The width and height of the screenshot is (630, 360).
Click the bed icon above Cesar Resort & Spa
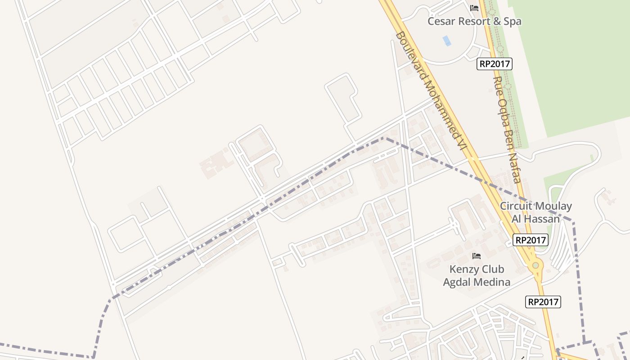coord(474,8)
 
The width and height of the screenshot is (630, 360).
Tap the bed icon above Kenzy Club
coord(477,256)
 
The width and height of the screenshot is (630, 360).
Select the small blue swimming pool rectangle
coord(446,40)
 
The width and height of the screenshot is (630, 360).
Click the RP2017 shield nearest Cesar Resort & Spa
coord(495,64)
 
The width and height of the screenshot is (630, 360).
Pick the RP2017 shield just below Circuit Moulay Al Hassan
coord(531,240)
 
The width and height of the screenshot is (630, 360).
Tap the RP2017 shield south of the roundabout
coord(543,302)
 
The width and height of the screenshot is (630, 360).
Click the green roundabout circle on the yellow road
coord(535,265)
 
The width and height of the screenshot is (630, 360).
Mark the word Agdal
coord(457,282)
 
